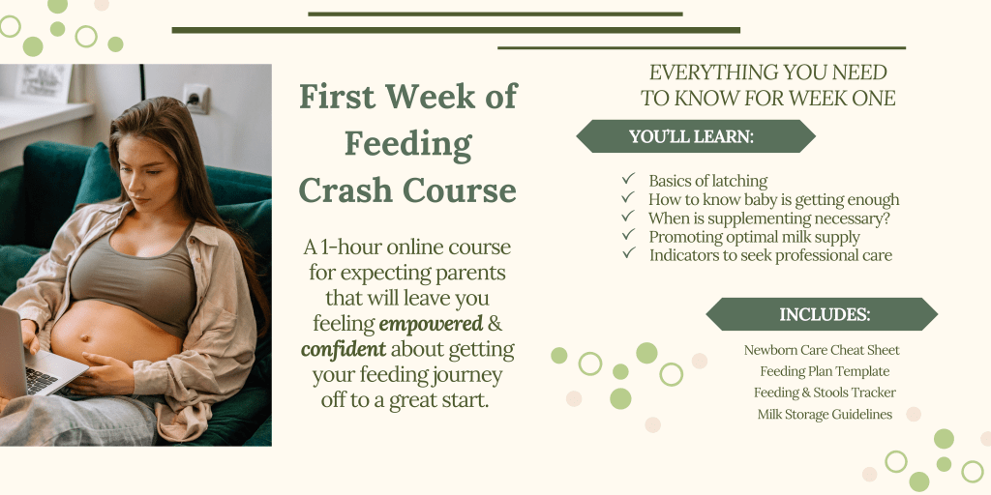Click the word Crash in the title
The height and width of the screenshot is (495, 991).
click(345, 189)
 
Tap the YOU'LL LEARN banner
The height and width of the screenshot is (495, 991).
click(696, 136)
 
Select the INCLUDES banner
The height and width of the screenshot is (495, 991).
click(822, 314)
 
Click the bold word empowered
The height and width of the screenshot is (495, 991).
click(431, 324)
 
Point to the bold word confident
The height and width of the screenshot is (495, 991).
click(344, 349)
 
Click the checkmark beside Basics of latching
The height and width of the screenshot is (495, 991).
click(628, 180)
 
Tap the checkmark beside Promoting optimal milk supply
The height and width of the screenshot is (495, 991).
click(628, 235)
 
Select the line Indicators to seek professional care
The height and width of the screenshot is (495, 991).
click(770, 255)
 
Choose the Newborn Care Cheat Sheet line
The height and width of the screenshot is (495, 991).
click(822, 350)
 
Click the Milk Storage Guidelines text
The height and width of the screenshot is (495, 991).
click(825, 414)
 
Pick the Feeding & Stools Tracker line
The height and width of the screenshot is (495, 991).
click(825, 393)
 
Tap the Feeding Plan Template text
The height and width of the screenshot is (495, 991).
click(825, 371)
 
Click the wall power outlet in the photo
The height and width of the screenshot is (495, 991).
click(196, 99)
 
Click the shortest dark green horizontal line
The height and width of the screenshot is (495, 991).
click(495, 14)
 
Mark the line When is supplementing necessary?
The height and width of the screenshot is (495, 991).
click(769, 218)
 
